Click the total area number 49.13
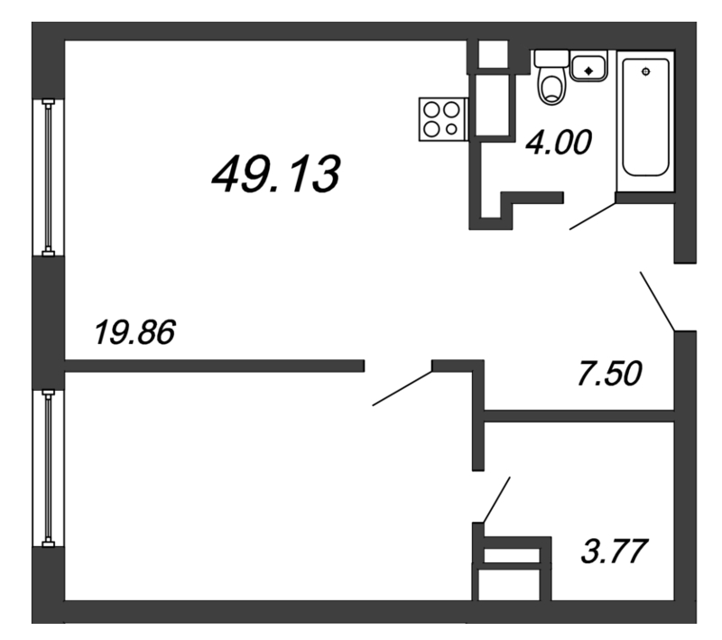click(274, 173)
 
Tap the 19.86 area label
click(134, 334)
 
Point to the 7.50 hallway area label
click(610, 373)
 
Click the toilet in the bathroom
click(551, 86)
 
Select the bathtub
click(645, 120)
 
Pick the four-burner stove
click(441, 118)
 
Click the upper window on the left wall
click(45, 176)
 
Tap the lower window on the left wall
click(45, 467)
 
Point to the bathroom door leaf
click(592, 217)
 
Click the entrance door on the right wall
click(658, 300)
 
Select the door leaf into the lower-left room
click(403, 387)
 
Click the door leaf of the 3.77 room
click(497, 499)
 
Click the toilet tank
click(550, 58)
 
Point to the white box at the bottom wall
click(511, 582)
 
